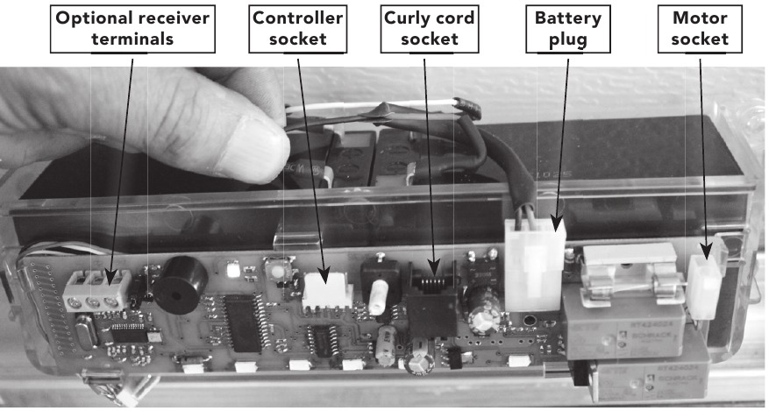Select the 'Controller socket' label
[297, 29]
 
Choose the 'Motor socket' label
[706, 29]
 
